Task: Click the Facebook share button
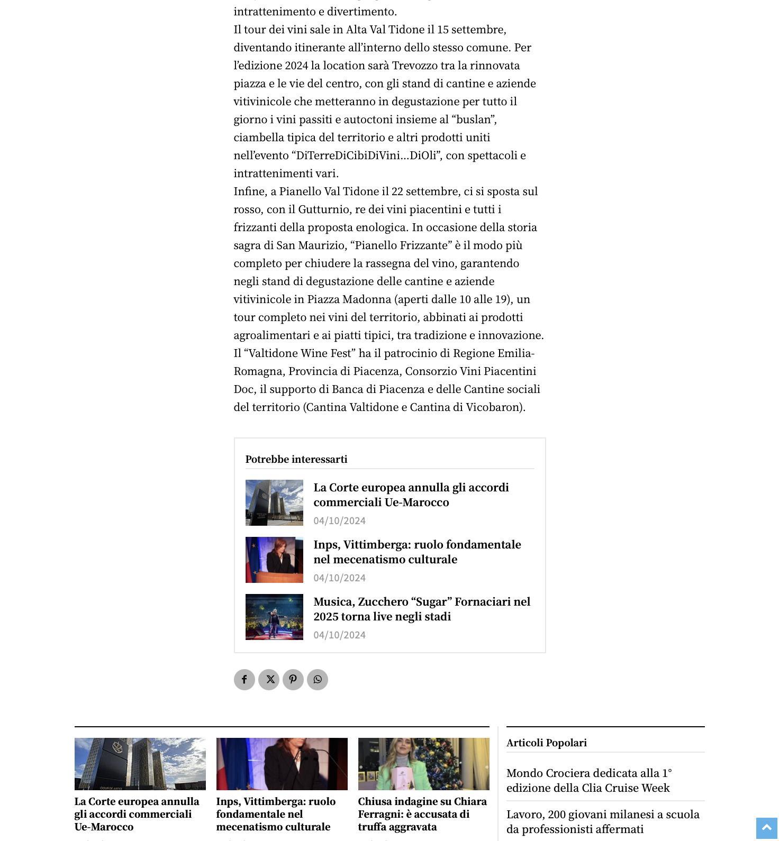[x=244, y=680]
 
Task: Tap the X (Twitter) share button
[x=269, y=680]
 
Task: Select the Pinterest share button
[x=293, y=680]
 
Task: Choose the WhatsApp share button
[x=318, y=680]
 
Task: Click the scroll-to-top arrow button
[x=766, y=828]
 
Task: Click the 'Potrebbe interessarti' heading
[x=296, y=459]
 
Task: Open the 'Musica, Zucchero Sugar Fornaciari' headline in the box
[x=422, y=609]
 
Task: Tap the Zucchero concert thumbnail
[x=274, y=617]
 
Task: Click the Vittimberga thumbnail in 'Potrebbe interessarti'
[x=274, y=560]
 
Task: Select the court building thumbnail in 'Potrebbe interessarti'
[x=274, y=502]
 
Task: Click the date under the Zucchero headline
[x=339, y=635]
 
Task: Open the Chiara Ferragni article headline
[x=422, y=813]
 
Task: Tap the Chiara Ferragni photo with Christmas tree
[x=423, y=764]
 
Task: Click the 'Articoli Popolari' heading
[x=546, y=743]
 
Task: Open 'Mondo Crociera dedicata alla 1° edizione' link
[x=589, y=780]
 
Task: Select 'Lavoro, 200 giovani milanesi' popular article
[x=603, y=821]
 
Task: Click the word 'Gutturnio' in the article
[x=324, y=209]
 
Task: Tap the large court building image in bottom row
[x=140, y=764]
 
